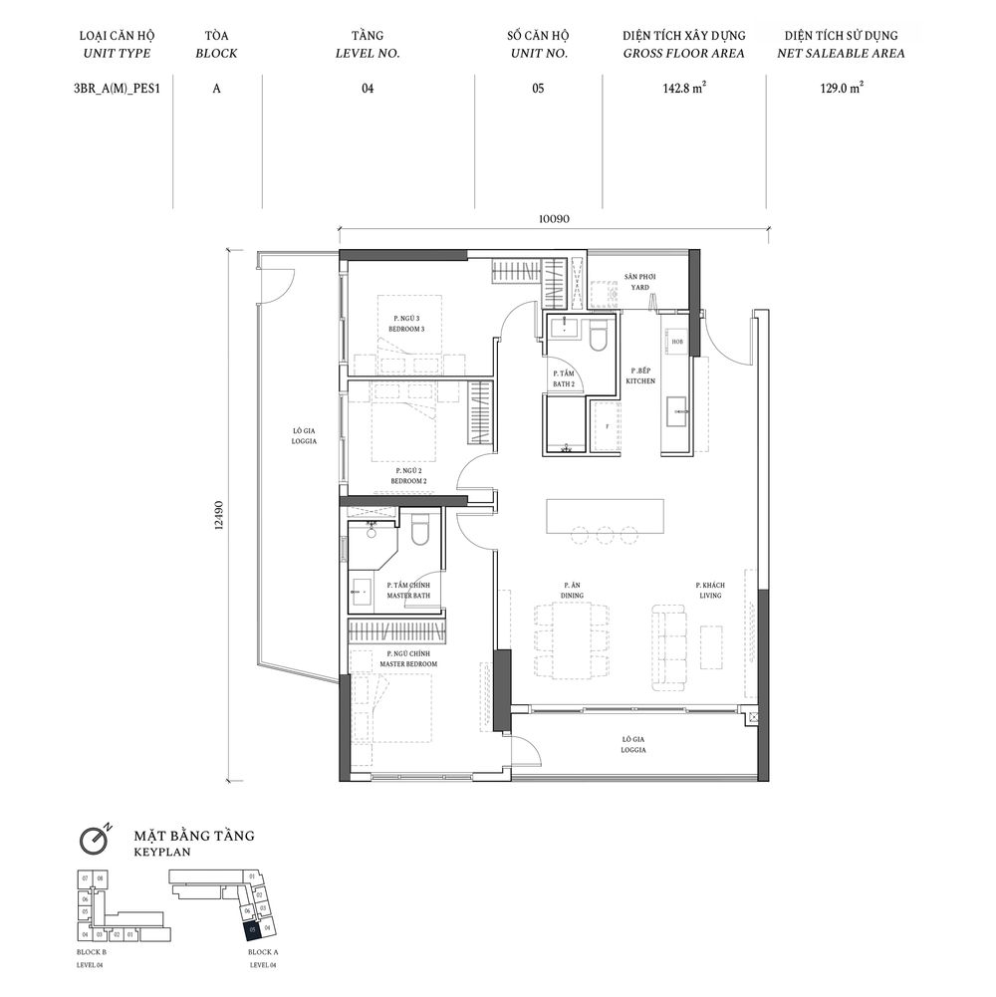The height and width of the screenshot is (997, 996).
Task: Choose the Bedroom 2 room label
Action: pyautogui.click(x=409, y=475)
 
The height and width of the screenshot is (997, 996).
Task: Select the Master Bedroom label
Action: pyautogui.click(x=408, y=658)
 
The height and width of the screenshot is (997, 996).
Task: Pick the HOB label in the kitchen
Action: pyautogui.click(x=677, y=342)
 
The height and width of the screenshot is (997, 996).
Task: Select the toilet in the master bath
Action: pyautogui.click(x=419, y=530)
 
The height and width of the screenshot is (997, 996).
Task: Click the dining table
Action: pyautogui.click(x=572, y=640)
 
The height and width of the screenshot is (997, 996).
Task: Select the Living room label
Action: pyautogui.click(x=708, y=591)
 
